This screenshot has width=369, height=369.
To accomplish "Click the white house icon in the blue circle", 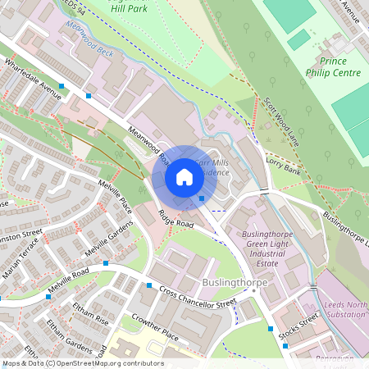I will click(x=184, y=177).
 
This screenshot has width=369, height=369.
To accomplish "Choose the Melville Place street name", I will click(x=115, y=195).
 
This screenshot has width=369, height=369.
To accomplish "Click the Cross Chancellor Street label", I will click(x=198, y=298).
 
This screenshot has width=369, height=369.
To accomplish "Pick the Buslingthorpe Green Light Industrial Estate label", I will click(x=273, y=249).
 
